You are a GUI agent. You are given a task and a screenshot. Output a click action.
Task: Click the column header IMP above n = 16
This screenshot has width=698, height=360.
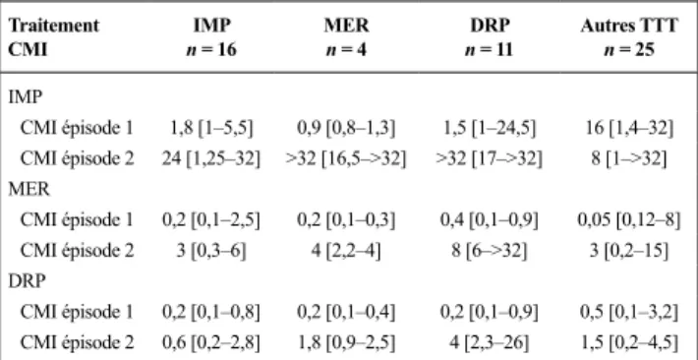(x=212, y=26)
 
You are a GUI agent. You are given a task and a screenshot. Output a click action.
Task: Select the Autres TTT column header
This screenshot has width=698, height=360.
(x=629, y=26)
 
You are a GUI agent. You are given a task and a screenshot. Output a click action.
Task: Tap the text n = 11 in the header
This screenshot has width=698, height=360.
(x=490, y=49)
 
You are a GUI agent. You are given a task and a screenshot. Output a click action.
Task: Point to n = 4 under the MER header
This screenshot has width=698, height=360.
(x=346, y=49)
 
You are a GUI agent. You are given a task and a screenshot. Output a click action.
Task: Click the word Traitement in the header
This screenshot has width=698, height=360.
(x=54, y=26)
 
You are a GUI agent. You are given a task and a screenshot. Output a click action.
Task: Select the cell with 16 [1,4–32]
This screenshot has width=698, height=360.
(x=629, y=129)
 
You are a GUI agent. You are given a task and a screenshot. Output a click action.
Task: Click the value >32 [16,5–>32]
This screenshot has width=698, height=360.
(x=346, y=159)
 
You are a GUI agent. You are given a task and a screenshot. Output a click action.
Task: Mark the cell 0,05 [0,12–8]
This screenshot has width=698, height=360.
(x=629, y=220)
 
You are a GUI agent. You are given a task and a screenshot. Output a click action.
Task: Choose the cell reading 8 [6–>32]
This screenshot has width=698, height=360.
(x=490, y=251)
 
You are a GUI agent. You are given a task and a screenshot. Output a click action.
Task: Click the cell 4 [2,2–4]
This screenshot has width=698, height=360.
(x=346, y=251)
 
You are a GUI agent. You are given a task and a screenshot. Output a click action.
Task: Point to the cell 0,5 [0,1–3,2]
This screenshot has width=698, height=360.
(x=629, y=313)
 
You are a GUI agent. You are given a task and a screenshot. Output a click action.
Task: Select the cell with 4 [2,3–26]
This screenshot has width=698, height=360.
(x=490, y=343)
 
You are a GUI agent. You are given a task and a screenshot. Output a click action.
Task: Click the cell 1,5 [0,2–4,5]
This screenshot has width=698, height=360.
(x=629, y=343)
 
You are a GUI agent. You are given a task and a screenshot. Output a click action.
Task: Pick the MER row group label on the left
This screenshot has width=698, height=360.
(x=29, y=190)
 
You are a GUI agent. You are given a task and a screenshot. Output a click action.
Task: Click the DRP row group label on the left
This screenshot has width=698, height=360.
(x=27, y=281)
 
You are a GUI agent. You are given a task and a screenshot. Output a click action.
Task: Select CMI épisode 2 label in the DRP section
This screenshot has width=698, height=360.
(x=77, y=343)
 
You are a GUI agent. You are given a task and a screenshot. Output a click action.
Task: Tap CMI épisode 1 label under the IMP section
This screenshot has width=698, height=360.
(x=77, y=129)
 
